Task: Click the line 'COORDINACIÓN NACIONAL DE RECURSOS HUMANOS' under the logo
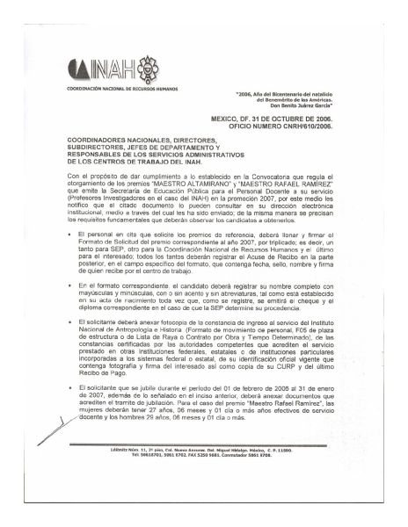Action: (x=115, y=90)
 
